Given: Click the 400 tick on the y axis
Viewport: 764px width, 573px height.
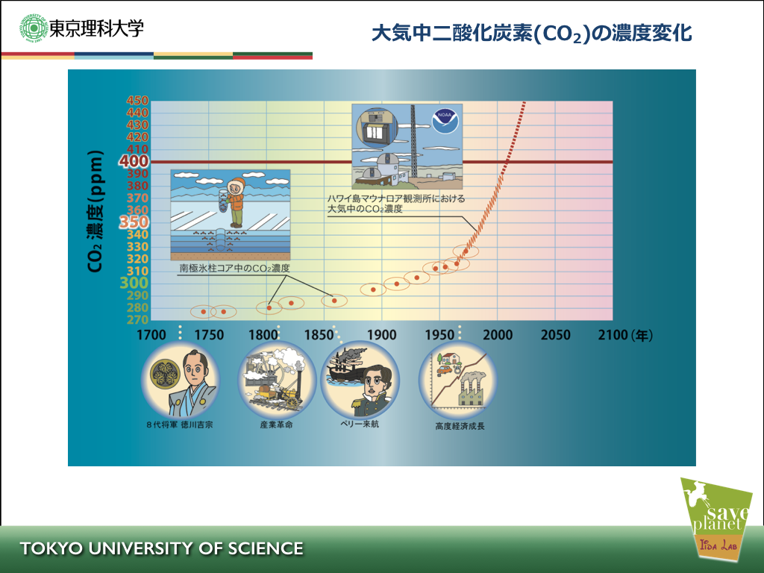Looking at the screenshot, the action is click(134, 161).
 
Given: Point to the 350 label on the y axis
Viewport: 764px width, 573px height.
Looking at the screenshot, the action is click(134, 222).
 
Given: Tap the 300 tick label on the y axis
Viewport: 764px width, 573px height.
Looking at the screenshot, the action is click(134, 283).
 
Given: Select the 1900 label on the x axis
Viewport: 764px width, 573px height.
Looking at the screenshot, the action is click(381, 335).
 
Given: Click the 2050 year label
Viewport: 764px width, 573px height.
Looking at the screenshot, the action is click(555, 335).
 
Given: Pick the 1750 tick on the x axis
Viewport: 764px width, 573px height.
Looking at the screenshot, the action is click(209, 335).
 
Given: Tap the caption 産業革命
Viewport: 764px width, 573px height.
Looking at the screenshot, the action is click(276, 425).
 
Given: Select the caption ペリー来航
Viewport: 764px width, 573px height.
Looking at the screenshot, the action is click(360, 424).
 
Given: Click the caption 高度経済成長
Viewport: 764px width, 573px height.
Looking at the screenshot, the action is click(460, 426).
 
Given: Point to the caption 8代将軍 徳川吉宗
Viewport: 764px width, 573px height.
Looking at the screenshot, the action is click(180, 425).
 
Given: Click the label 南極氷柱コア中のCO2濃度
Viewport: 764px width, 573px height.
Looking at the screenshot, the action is click(234, 268).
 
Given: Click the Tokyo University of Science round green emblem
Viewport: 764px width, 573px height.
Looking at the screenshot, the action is click(33, 28).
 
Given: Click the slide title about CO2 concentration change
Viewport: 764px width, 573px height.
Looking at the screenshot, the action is click(531, 34).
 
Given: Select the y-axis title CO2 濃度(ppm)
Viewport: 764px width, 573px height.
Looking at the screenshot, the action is click(95, 211).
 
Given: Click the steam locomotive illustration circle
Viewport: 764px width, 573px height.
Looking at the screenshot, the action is click(277, 380).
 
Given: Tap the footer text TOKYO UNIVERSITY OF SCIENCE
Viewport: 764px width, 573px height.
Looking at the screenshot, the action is click(162, 548).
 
